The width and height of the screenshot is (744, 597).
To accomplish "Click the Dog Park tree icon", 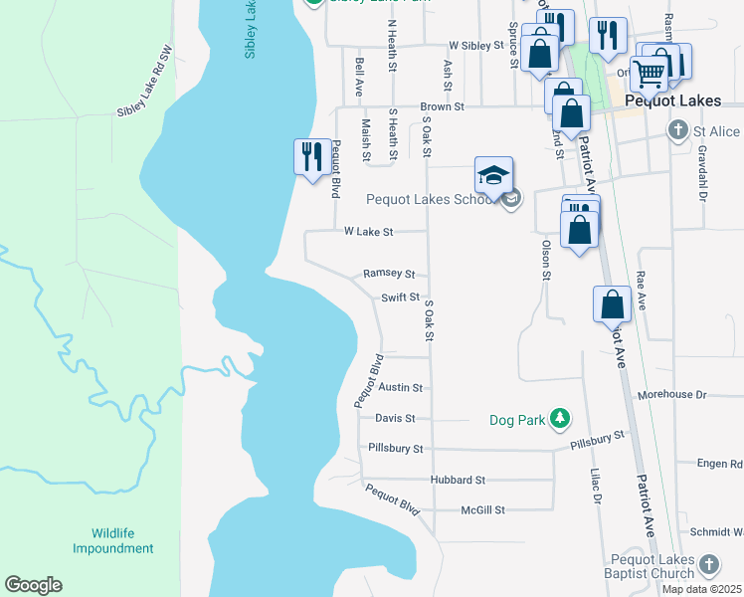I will point(561,420).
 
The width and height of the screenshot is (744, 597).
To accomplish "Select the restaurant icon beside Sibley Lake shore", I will point(311,157).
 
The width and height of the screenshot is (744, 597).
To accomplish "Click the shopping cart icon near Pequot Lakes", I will point(649,72).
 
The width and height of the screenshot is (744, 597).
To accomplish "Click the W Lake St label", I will point(369,232).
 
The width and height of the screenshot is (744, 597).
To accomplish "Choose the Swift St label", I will point(401,298).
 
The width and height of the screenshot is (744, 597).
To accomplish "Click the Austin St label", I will point(401,388).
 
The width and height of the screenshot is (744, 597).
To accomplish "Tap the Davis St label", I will point(395,419).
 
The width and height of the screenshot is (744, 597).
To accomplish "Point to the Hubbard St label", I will point(457,480).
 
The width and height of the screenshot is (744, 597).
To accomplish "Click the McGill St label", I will point(483,510).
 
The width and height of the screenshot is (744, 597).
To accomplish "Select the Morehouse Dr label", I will point(671,395).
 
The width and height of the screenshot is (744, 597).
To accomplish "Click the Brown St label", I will point(442,106).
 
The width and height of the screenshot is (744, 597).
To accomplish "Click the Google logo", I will point(33,585).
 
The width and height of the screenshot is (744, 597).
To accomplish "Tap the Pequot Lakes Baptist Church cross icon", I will point(708,564).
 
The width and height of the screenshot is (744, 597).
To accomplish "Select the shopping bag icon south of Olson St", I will point(612,305).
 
